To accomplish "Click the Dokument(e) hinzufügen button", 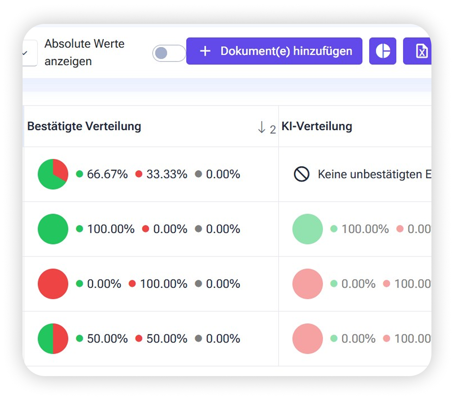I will click(x=274, y=51).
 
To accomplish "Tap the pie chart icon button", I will click(x=382, y=51).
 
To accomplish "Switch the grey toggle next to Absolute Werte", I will click(x=169, y=53).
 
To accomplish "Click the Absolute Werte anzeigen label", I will click(x=84, y=53).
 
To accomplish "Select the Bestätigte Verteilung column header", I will click(x=84, y=126).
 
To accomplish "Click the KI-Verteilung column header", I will click(x=317, y=126).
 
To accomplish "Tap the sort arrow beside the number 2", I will click(x=262, y=127).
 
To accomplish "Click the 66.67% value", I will click(x=107, y=174).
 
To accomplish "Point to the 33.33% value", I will click(x=167, y=174).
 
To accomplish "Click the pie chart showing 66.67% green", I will click(x=53, y=174).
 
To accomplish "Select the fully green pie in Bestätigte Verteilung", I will click(x=53, y=229).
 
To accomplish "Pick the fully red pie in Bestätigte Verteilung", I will click(x=53, y=284).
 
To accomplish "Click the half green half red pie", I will click(x=53, y=339).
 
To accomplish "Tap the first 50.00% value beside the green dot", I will click(x=107, y=339).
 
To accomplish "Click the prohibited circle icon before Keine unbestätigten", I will click(x=302, y=174).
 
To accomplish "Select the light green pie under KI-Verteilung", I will click(x=307, y=229).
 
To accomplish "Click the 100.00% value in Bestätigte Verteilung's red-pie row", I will click(x=164, y=284).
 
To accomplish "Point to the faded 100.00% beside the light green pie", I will click(x=365, y=229).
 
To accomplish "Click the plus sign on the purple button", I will click(x=205, y=51).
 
